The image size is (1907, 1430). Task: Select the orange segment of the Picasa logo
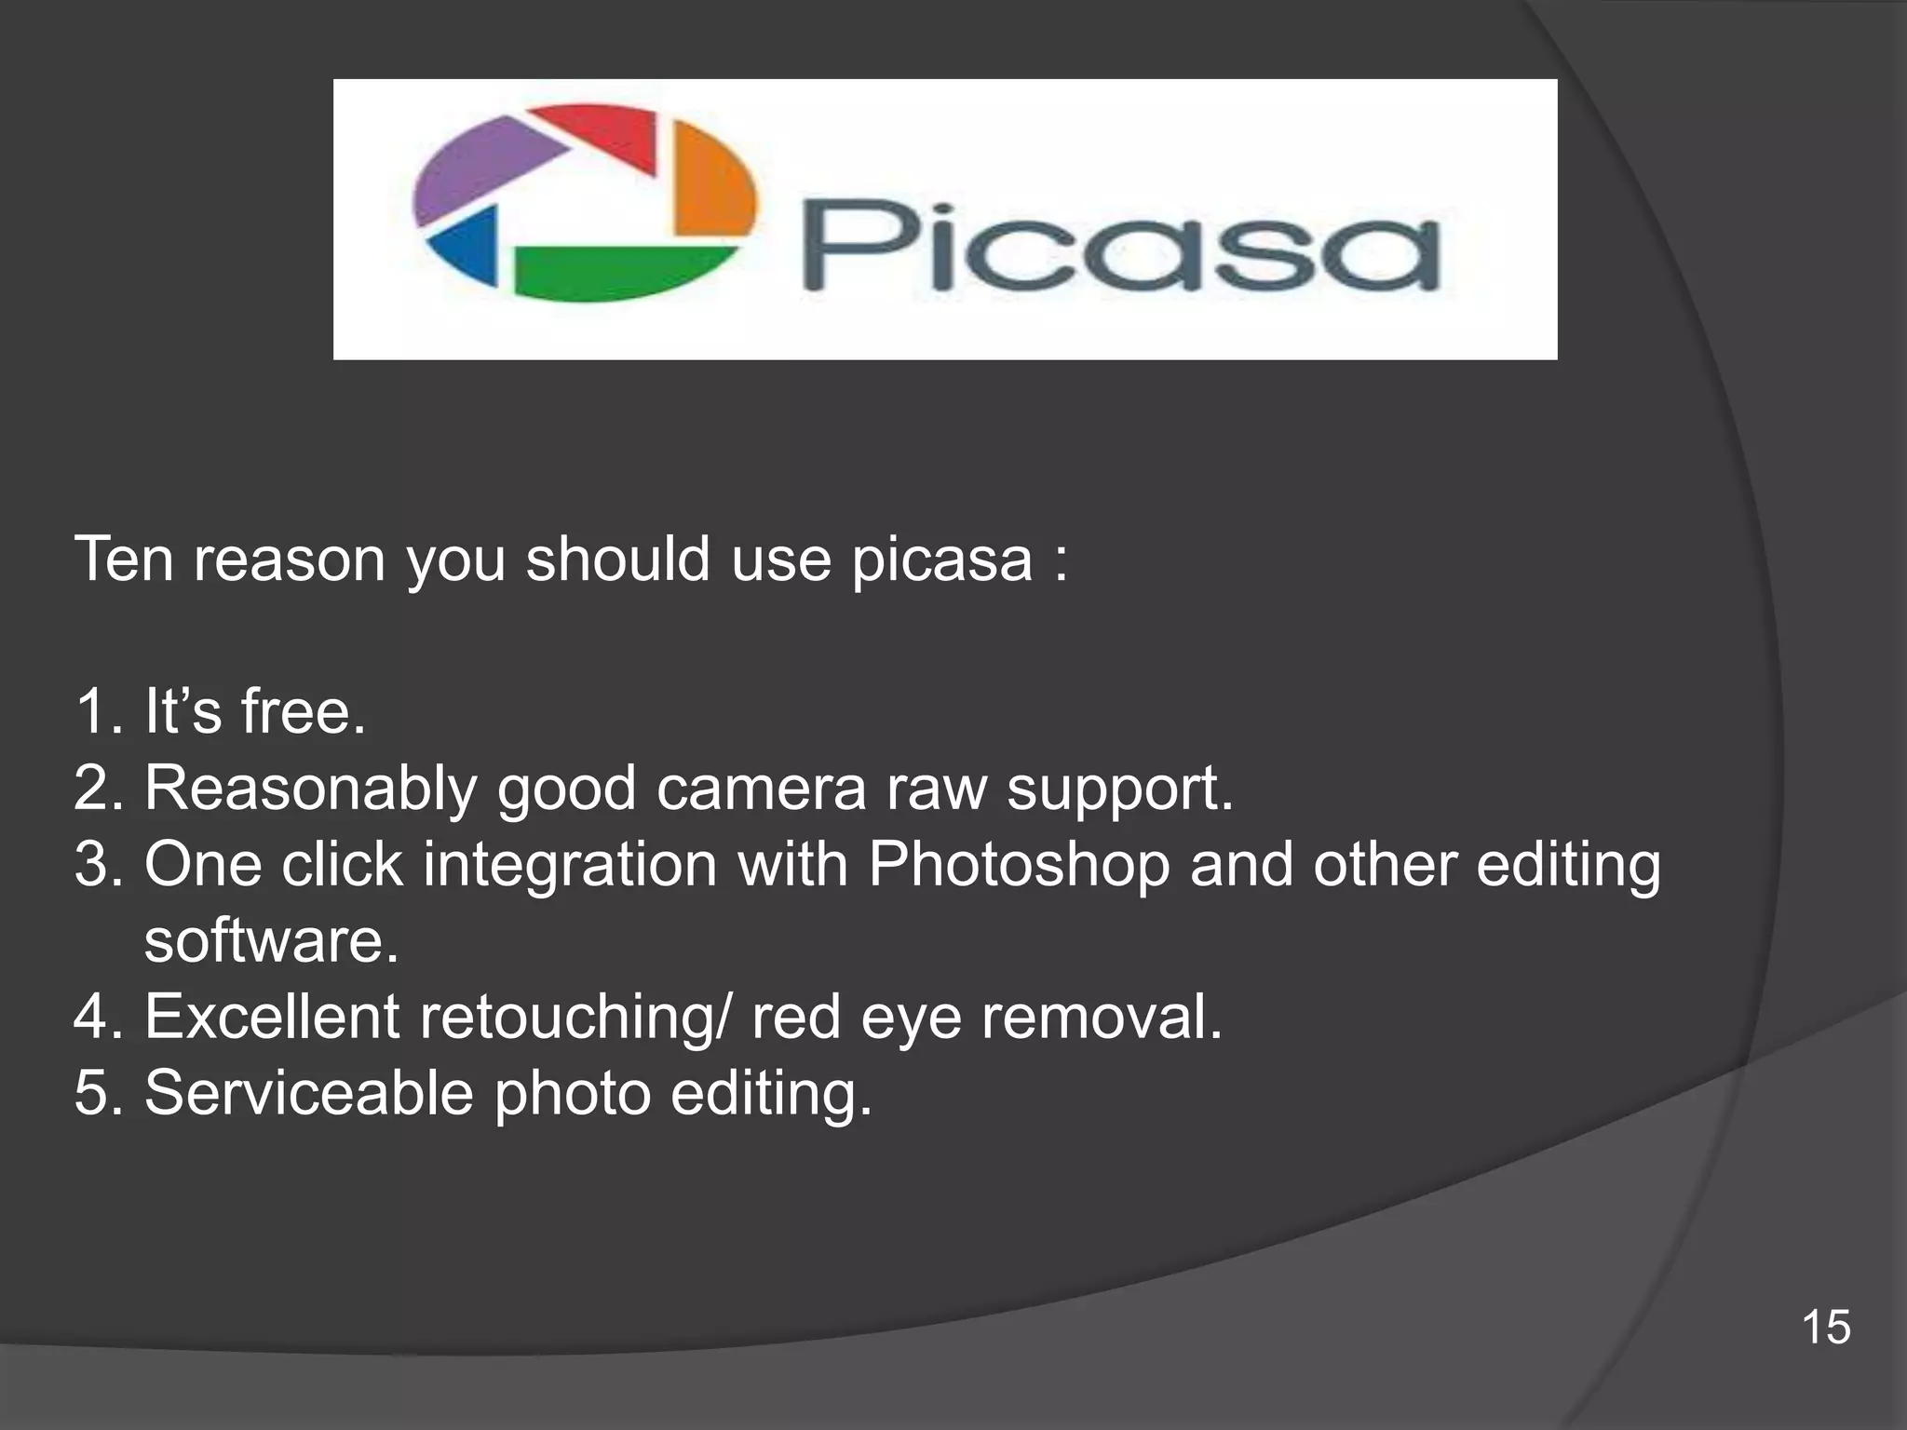click(712, 182)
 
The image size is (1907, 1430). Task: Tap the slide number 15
click(1825, 1327)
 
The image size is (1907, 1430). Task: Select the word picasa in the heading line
click(941, 560)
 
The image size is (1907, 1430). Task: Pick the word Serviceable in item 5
click(308, 1093)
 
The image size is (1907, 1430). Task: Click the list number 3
click(93, 865)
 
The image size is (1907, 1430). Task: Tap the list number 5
click(93, 1093)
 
